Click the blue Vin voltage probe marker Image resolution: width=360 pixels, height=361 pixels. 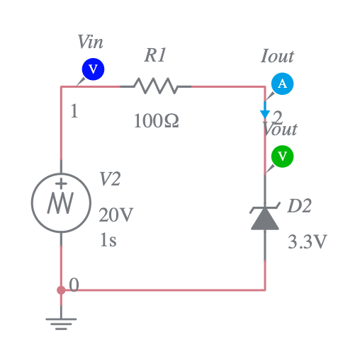coord(94,69)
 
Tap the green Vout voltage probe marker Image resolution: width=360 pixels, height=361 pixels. coord(283,156)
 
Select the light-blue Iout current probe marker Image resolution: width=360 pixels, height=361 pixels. coord(283,84)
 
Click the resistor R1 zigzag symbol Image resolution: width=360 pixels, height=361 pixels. coord(155,86)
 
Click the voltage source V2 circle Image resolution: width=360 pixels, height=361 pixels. coord(61,203)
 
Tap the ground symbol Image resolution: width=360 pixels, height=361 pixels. coord(61,322)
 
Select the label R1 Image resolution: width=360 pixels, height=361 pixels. coord(155,55)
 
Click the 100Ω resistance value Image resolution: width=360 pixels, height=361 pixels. coord(156,121)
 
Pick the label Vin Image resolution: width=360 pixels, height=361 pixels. coord(91,42)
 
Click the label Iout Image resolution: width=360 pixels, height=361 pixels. coord(277,57)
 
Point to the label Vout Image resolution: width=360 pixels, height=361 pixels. coord(281,130)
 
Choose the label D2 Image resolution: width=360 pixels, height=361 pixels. coord(299,207)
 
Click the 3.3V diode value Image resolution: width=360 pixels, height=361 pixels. coord(308,242)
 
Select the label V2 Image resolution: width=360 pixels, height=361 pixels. coord(110,180)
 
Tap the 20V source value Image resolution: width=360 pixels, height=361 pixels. coord(116,214)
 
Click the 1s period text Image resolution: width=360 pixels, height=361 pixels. coord(108,240)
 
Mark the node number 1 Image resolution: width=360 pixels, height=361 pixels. coord(74,112)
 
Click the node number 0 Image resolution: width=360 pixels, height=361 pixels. coord(74,285)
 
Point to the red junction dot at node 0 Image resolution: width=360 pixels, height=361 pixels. coord(61,290)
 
